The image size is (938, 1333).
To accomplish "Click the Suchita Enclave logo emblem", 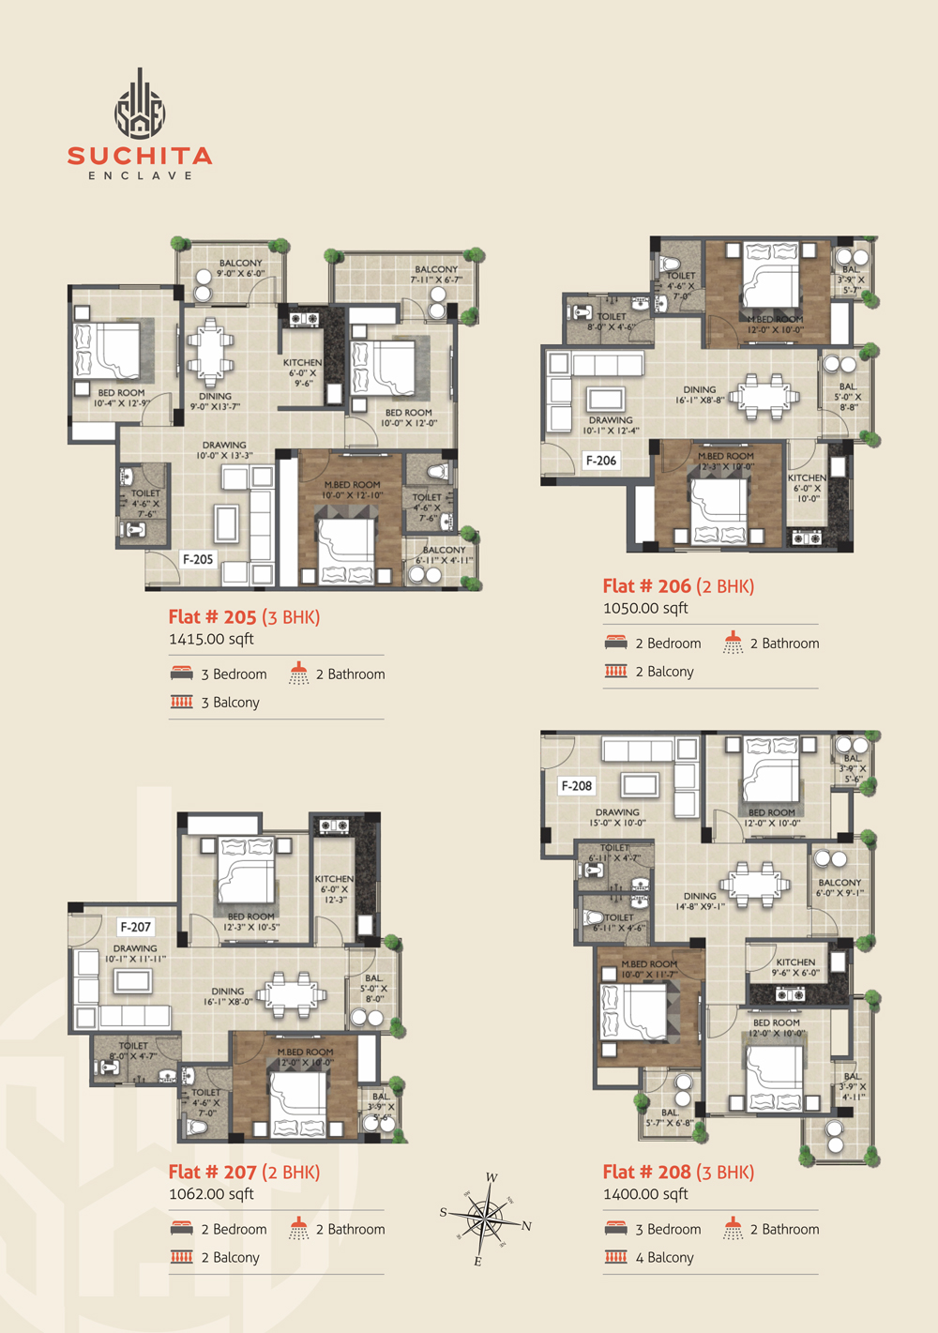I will tap(140, 105).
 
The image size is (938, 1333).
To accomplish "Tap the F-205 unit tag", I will tap(198, 559).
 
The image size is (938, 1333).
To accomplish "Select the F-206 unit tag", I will tap(601, 460).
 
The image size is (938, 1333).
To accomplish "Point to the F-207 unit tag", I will tap(135, 927).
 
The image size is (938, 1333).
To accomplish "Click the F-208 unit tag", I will tap(576, 786).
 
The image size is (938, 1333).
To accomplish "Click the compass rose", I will tap(483, 1219).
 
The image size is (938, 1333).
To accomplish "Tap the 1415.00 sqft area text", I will tap(211, 639).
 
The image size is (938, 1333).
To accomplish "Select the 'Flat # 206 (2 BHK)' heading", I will tap(678, 586).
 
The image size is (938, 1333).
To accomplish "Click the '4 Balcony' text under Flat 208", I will tap(664, 1257).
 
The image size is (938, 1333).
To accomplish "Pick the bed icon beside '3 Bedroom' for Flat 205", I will tap(182, 674).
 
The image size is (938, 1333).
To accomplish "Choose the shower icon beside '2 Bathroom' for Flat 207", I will tap(298, 1228).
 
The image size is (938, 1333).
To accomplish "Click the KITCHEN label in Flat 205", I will tap(302, 362).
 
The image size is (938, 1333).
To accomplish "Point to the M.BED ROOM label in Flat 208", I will tap(649, 963).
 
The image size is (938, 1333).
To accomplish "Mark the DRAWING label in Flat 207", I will tap(135, 948).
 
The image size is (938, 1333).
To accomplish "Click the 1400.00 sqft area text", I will tap(645, 1194).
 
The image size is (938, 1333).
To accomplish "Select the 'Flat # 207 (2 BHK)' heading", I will tap(244, 1172).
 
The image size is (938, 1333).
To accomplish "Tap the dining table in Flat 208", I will tap(753, 885).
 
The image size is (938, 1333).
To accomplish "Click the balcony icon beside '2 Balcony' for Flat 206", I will tap(616, 671).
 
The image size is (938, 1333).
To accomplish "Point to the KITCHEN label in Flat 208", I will tap(795, 962).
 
